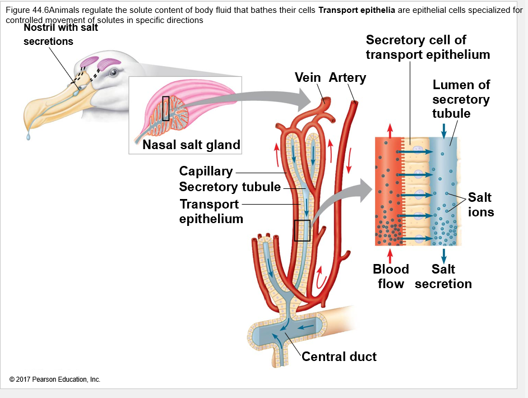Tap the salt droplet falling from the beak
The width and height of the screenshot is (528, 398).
point(27,136)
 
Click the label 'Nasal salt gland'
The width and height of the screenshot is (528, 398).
point(191,145)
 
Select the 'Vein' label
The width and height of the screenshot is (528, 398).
point(308,77)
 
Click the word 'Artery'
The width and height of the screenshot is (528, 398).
point(347,77)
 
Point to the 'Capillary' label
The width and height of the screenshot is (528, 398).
point(206,171)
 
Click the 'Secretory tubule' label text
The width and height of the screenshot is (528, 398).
point(230,187)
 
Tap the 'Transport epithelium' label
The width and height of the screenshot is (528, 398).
point(211,211)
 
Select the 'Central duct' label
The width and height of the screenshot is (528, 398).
point(339,357)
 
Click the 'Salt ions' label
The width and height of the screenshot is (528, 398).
point(480,205)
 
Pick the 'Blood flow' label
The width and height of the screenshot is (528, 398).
point(391,276)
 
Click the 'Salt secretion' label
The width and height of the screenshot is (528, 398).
point(443,276)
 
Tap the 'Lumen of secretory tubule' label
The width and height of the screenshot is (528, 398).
point(461,99)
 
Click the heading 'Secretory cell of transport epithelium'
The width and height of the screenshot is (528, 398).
point(428,47)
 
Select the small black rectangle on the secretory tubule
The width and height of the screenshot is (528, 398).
point(302,230)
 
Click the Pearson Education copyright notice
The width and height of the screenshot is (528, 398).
point(55,380)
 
